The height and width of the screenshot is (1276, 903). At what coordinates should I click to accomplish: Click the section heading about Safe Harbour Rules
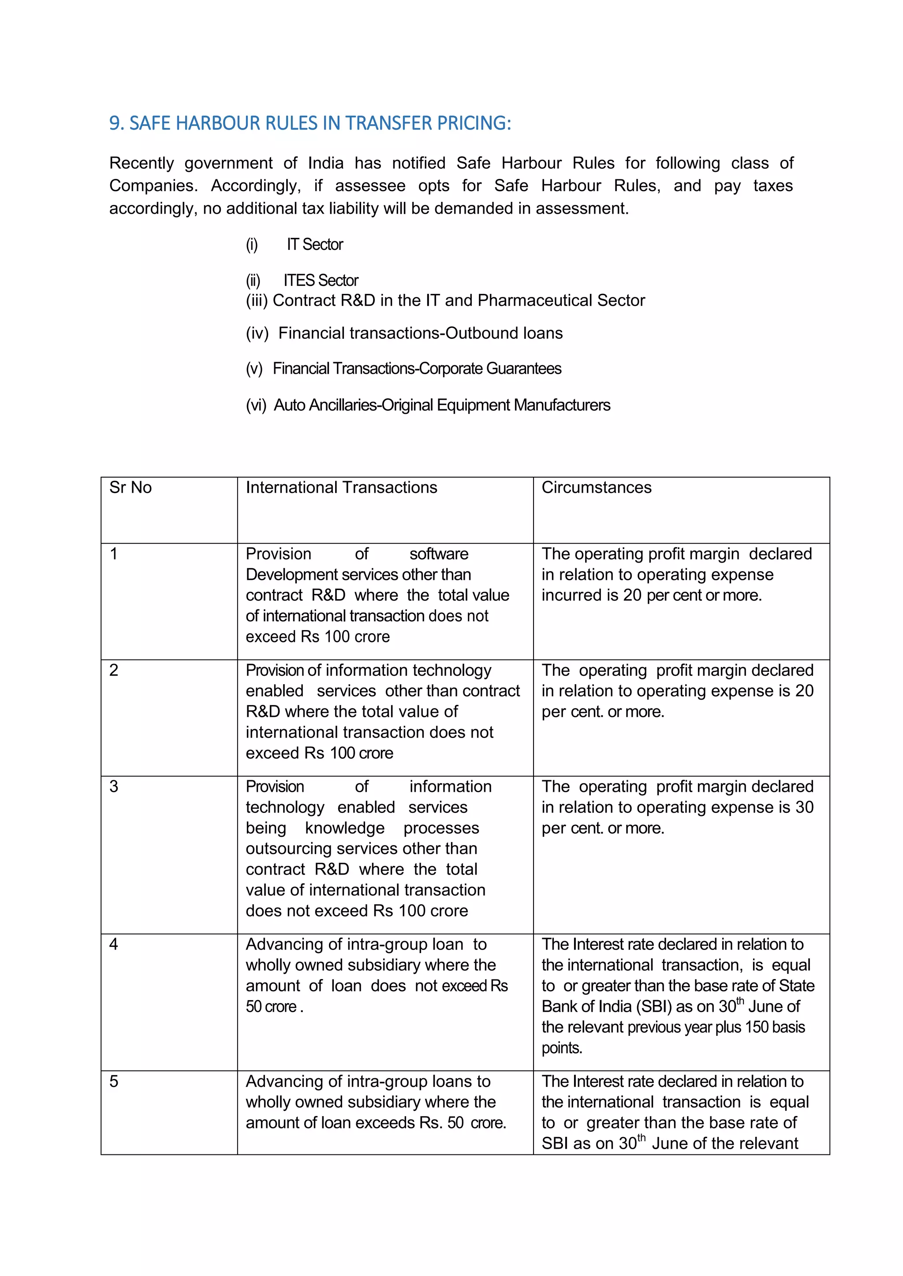tap(310, 123)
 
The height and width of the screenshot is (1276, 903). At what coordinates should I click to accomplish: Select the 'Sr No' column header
tap(130, 487)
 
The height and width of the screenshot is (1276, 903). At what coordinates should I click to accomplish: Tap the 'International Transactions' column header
tap(341, 487)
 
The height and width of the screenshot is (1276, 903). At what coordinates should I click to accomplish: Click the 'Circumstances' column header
tap(596, 487)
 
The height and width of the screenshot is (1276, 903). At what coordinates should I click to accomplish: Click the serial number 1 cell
tap(114, 554)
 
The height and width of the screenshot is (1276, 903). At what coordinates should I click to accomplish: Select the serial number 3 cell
tap(114, 787)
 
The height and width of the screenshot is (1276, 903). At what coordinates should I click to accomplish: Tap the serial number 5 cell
tap(114, 1082)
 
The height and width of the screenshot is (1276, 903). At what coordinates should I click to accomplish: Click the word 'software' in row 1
tap(439, 554)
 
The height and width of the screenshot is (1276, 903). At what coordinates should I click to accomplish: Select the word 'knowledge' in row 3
tap(344, 828)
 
